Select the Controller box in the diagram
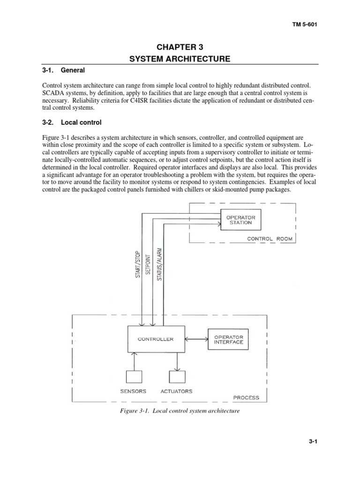[x=156, y=339]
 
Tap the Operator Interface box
[x=229, y=339]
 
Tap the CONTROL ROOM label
[x=270, y=239]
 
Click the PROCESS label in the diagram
[x=246, y=397]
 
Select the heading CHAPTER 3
[x=180, y=47]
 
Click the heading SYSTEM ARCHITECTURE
[x=180, y=59]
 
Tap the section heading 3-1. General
[x=64, y=70]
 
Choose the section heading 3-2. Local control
[x=72, y=122]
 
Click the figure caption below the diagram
[x=180, y=411]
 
